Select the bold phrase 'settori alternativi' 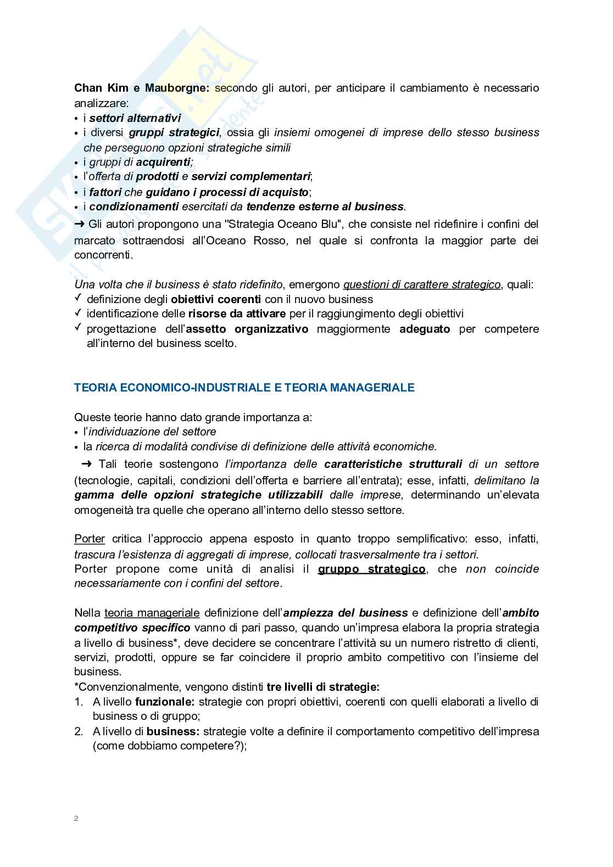135,118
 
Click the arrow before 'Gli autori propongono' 80,224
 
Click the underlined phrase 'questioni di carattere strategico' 422,284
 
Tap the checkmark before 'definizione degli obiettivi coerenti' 77,298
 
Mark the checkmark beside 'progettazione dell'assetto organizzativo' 77,328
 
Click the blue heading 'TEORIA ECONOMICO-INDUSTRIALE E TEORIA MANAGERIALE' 244,388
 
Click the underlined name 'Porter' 90,539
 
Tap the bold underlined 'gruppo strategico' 371,569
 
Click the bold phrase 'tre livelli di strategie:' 323,687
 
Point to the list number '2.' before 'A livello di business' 79,731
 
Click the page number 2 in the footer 76,819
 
